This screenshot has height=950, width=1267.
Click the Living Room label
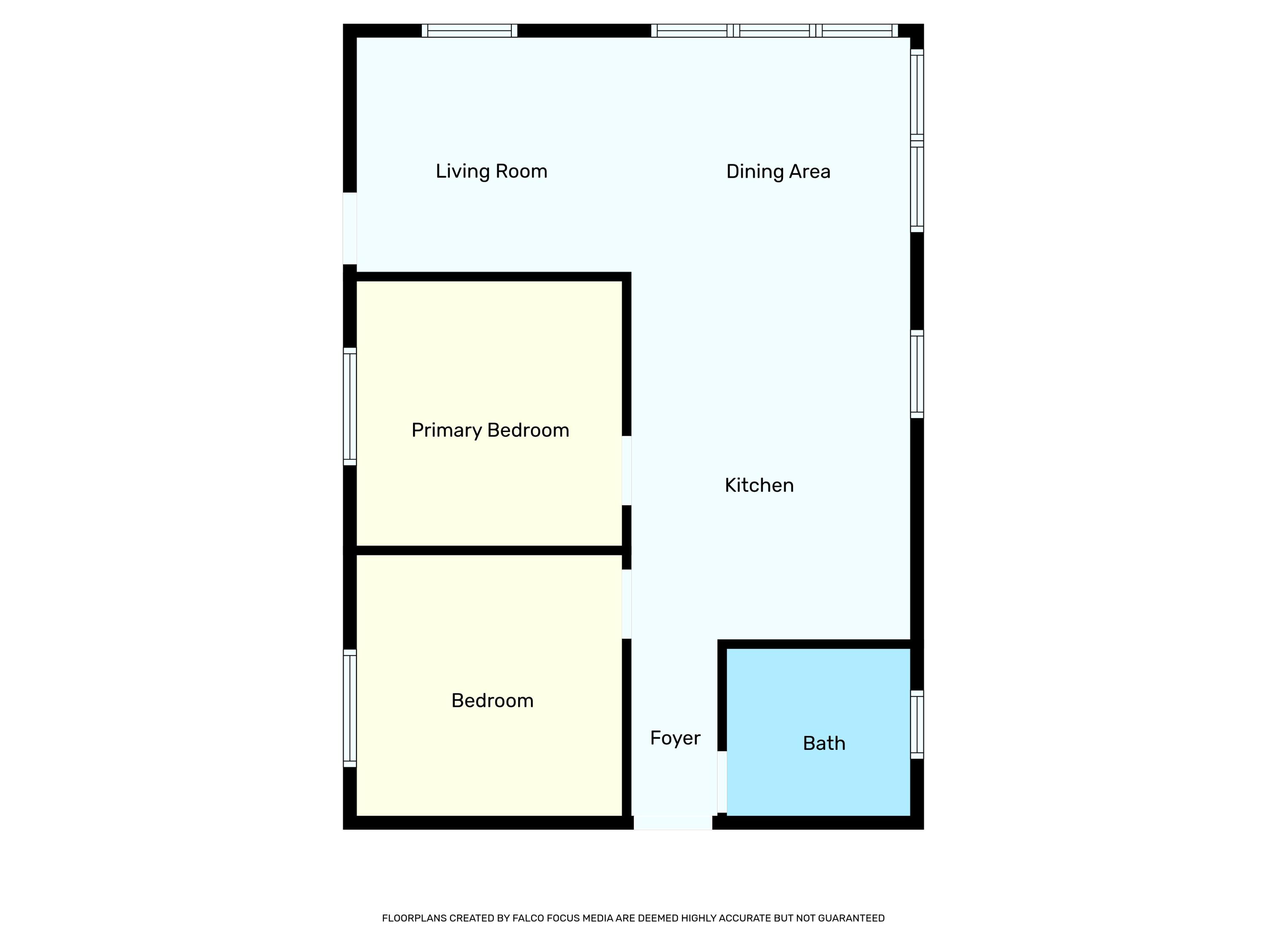point(492,171)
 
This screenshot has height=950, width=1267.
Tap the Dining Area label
point(778,171)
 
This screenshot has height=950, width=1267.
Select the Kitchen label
point(759,485)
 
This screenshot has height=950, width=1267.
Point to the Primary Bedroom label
point(490,430)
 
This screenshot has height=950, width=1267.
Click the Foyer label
point(675,738)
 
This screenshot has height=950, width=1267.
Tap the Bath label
point(824,743)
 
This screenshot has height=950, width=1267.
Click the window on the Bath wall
point(917,725)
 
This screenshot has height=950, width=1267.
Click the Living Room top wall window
point(470,30)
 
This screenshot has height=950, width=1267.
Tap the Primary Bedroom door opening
point(627,471)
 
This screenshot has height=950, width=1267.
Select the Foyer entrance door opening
point(673,823)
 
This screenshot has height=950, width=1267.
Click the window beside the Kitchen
point(917,374)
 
